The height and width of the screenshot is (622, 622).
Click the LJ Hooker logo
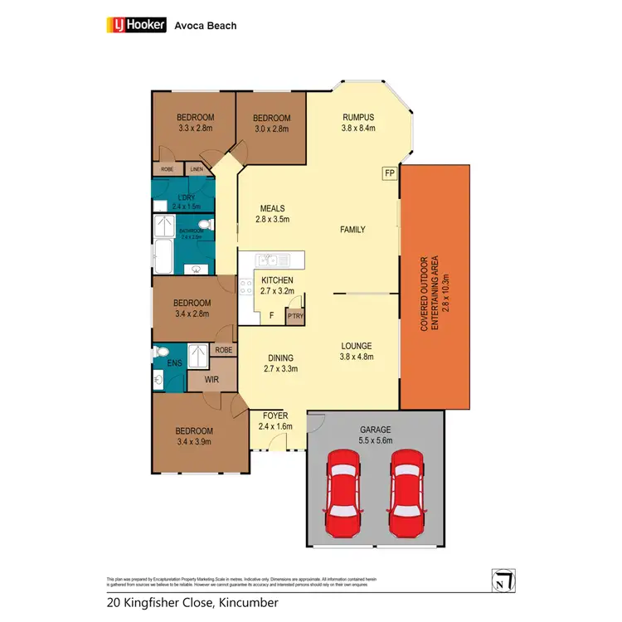pyautogui.click(x=138, y=26)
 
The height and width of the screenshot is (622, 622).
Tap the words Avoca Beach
pyautogui.click(x=205, y=26)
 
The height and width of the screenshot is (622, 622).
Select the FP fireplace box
pyautogui.click(x=389, y=173)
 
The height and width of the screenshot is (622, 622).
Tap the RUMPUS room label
pyautogui.click(x=358, y=117)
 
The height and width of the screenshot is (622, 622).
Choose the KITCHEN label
pyautogui.click(x=277, y=281)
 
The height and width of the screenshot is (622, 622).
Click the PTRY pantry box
pyautogui.click(x=294, y=315)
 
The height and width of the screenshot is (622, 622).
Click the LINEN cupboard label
pyautogui.click(x=197, y=169)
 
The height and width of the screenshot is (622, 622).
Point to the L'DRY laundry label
pyautogui.click(x=186, y=197)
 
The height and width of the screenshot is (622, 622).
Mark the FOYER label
pyautogui.click(x=275, y=415)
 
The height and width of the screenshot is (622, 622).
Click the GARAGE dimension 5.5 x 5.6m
pyautogui.click(x=375, y=441)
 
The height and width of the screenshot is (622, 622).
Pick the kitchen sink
pyautogui.click(x=270, y=260)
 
